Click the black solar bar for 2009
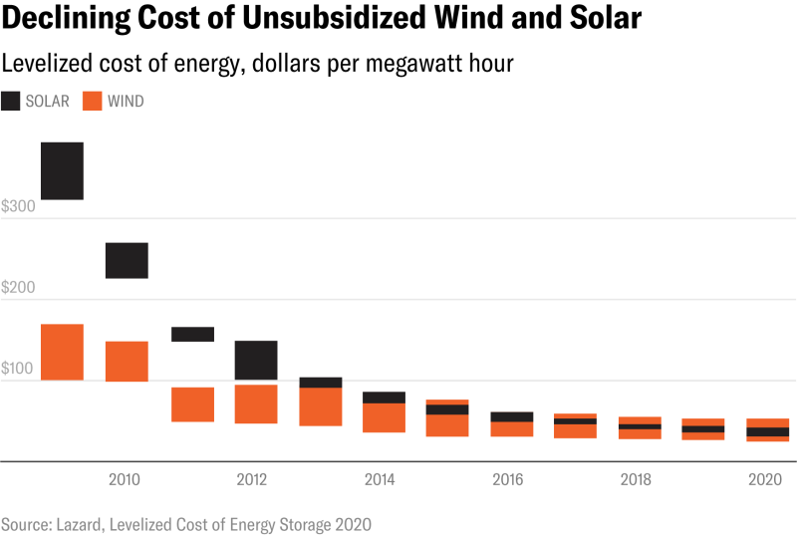pos(62,170)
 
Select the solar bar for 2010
pos(127,260)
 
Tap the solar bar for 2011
pos(192,334)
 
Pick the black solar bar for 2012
pos(256,359)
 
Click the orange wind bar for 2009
pos(62,352)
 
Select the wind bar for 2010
pos(127,361)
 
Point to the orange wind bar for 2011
pos(192,404)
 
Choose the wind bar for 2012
pos(256,403)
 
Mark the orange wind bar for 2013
pos(321,406)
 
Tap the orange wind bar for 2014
pos(384,418)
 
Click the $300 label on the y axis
pos(17,207)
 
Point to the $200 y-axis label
pos(17,288)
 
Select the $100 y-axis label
pos(17,369)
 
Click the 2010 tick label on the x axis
pos(124,480)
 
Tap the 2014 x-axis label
pos(380,480)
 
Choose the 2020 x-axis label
pos(763,480)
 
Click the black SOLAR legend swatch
pos(11,101)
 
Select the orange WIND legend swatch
pos(92,101)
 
